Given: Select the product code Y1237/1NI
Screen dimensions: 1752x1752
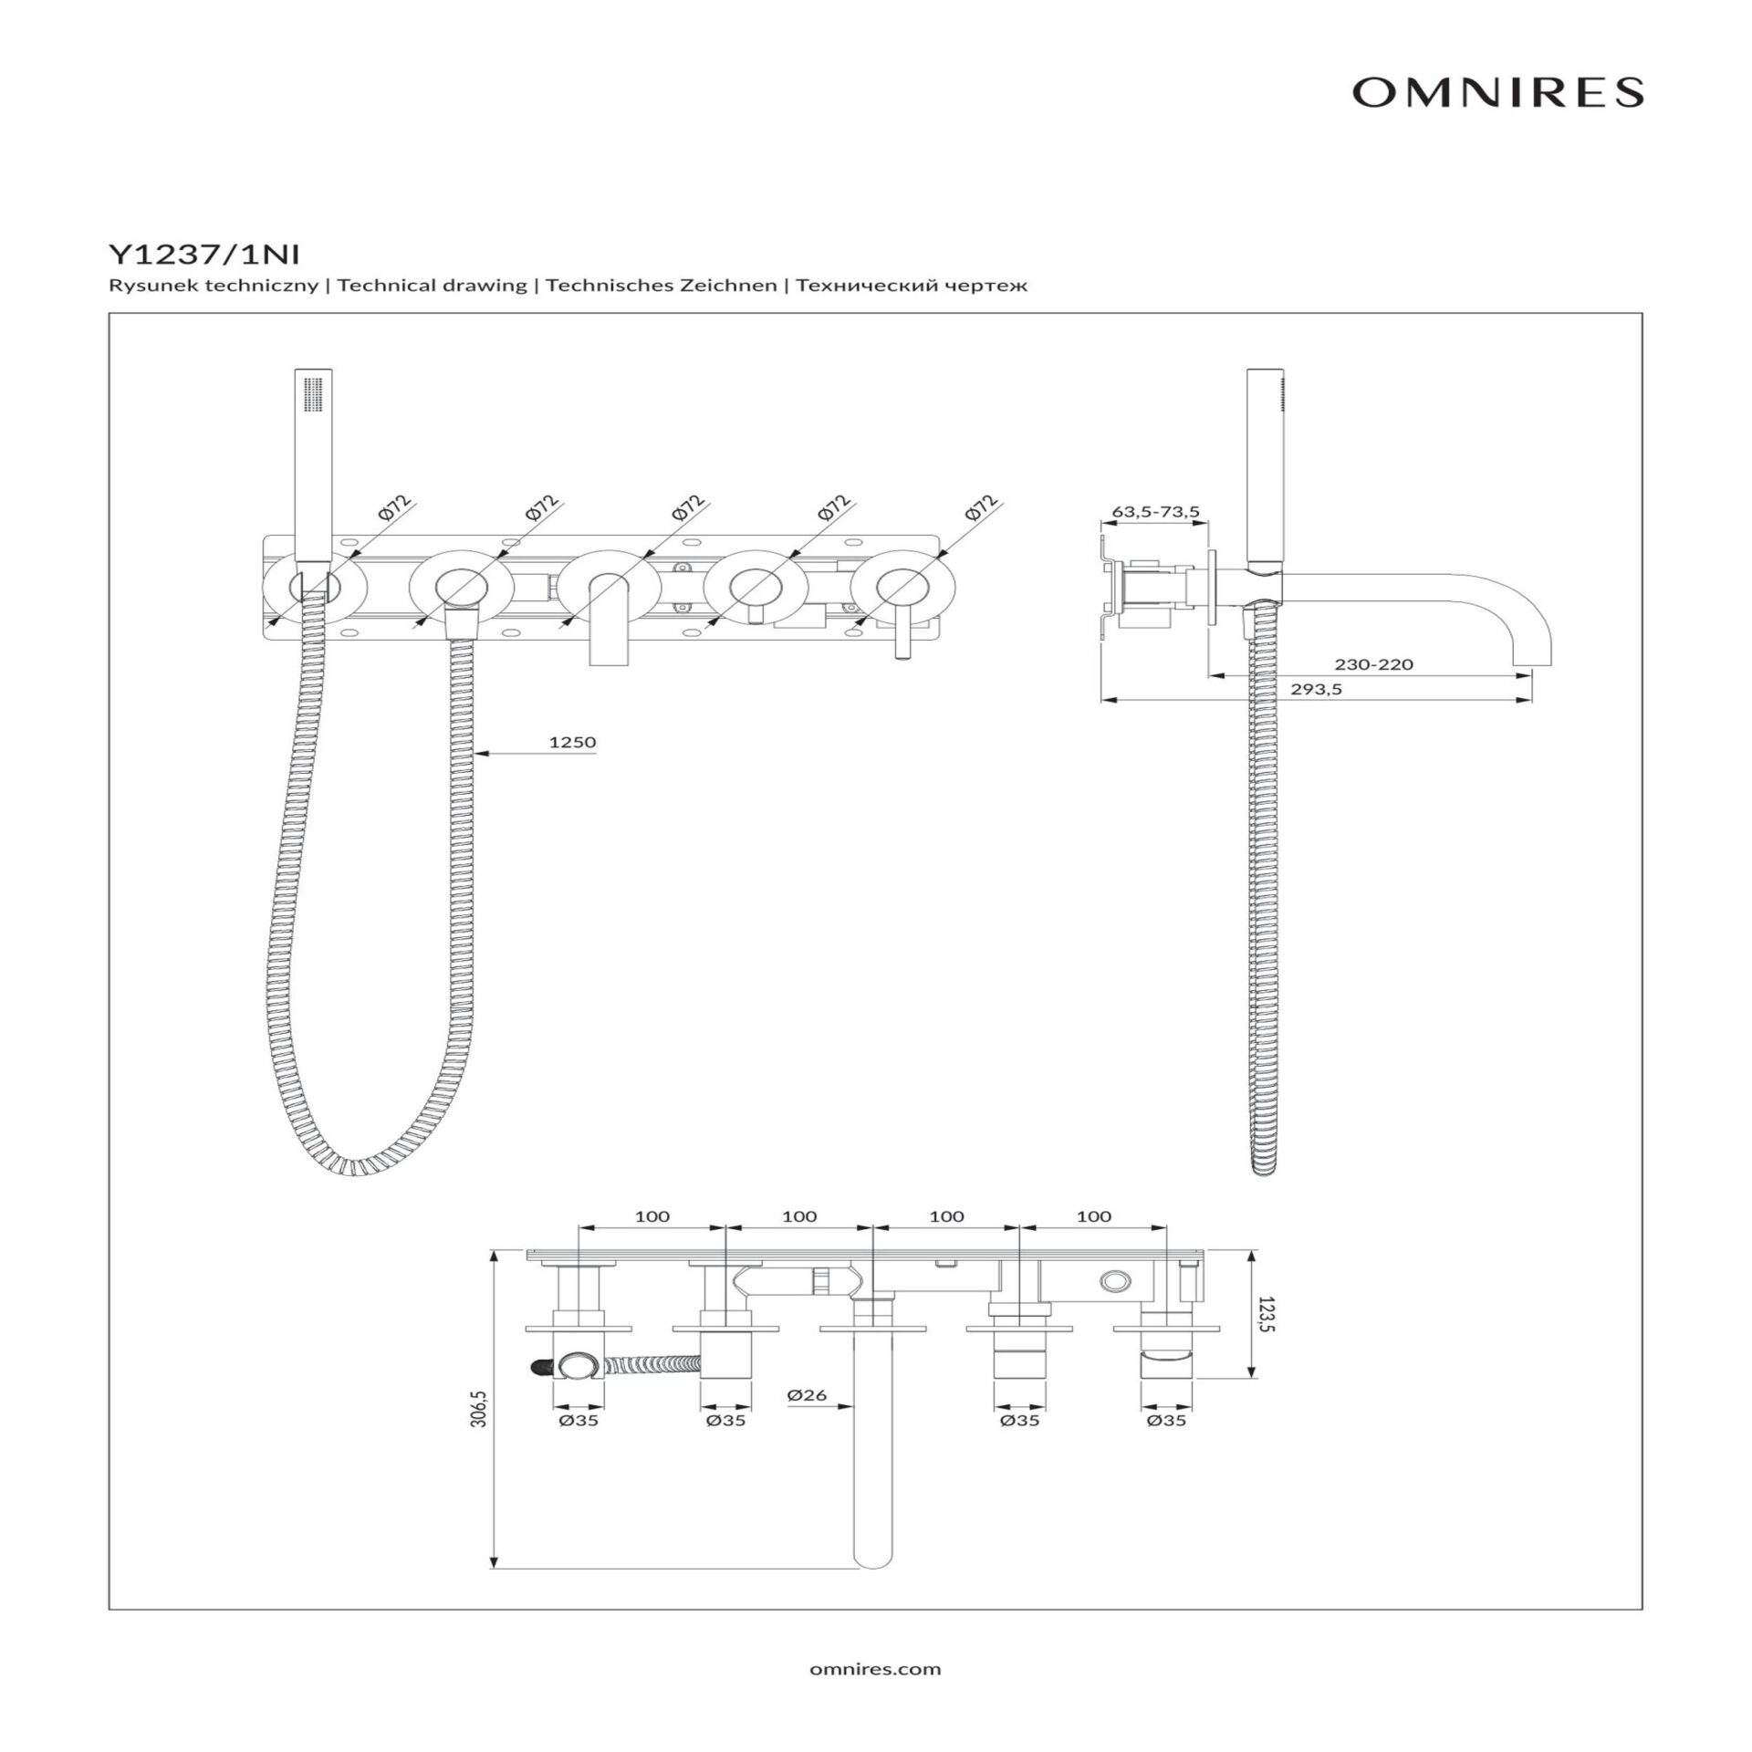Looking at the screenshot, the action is coord(203,254).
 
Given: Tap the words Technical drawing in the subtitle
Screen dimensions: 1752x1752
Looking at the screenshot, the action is coord(432,286).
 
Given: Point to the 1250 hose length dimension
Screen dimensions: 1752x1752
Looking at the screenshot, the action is coord(572,742).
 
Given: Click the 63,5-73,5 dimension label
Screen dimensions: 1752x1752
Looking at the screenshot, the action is coord(1155,512).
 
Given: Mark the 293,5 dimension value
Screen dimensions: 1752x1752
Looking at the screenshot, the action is coord(1316,690).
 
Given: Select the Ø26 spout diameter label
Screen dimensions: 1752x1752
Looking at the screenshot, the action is coord(806,1395).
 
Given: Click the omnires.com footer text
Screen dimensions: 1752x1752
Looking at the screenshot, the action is coord(875,1669).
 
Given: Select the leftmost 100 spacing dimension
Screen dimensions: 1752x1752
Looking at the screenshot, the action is coord(652,1216).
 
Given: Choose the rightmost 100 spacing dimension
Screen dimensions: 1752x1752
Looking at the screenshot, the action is coord(1094,1216).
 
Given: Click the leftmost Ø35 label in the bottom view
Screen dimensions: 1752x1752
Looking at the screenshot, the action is coord(579,1421).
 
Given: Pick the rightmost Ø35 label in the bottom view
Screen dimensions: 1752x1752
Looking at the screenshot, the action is coord(1167,1421).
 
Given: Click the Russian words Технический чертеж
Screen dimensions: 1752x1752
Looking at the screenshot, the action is coord(912,286).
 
